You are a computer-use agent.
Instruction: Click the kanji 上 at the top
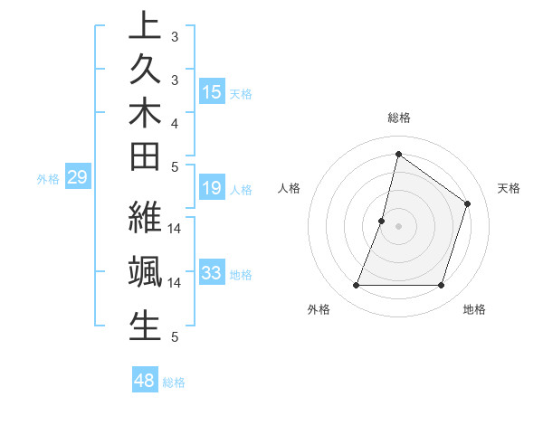[x=145, y=25]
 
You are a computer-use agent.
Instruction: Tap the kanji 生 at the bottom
[x=145, y=326]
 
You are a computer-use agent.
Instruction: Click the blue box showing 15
[x=212, y=92]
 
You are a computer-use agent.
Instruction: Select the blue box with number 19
[x=212, y=188]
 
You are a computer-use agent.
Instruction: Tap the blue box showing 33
[x=212, y=273]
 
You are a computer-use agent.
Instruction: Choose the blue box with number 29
[x=78, y=178]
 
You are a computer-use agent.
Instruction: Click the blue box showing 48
[x=145, y=381]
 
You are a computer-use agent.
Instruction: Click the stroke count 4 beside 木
[x=174, y=122]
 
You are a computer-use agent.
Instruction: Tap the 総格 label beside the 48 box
[x=174, y=382]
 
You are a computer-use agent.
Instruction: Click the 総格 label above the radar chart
[x=399, y=118]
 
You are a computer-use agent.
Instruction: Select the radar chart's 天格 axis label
[x=510, y=188]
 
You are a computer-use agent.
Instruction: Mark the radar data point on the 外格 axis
[x=356, y=286]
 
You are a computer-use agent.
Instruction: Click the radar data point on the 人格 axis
[x=382, y=221]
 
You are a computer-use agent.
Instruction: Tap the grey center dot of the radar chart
[x=398, y=226]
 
